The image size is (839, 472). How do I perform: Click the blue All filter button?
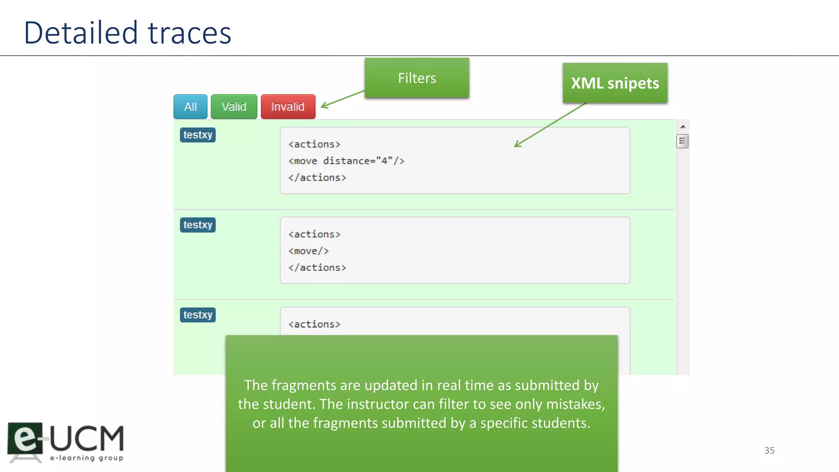coord(190,107)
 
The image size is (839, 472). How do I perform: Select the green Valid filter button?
coord(234,107)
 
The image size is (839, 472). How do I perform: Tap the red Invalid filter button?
coord(288,107)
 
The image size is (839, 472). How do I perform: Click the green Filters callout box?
coord(417,78)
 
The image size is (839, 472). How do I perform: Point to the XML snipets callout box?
coord(615,83)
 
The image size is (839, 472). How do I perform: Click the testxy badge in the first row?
coord(197,135)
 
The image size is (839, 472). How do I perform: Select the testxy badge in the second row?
coord(197,225)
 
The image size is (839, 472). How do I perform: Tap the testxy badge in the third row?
coord(197,315)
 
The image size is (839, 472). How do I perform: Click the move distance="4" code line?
coord(346,161)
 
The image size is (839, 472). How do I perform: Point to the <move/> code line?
coord(308,251)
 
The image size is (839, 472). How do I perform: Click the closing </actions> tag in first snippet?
coord(317,177)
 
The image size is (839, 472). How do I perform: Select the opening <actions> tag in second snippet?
coord(314,234)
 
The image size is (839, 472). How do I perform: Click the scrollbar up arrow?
coord(683,127)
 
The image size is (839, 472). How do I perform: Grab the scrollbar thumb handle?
coord(682,141)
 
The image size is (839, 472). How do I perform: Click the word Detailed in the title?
coord(81,33)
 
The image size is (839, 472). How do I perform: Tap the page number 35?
coord(769,450)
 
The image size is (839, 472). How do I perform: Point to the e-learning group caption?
coord(86,458)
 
